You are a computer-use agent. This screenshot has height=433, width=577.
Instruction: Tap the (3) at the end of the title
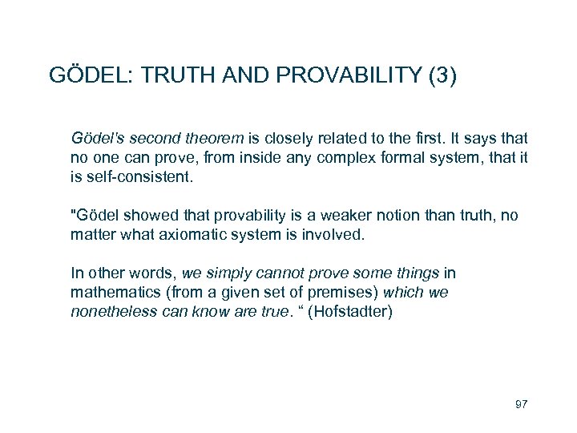point(443,76)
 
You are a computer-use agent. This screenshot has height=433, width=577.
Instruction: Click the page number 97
point(521,403)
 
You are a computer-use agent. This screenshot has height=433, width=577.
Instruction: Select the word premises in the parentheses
point(325,293)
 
